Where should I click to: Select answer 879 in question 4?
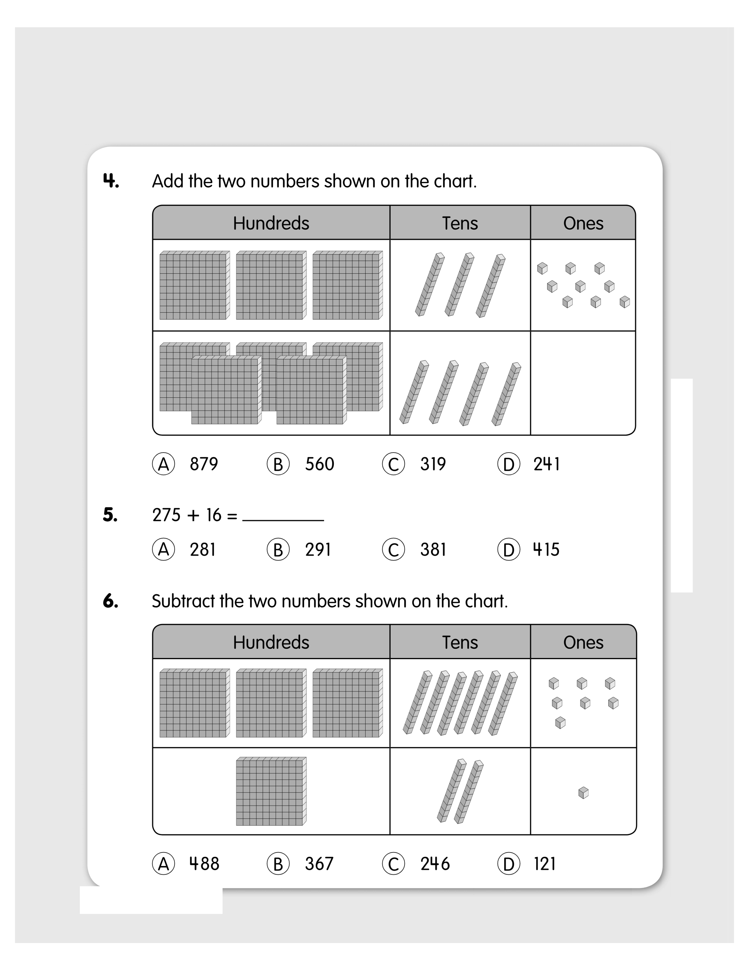[204, 464]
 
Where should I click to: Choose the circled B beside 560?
[278, 464]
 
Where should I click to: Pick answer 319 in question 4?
[433, 464]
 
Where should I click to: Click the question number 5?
[110, 515]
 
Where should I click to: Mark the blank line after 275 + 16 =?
[283, 520]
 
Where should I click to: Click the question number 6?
[110, 601]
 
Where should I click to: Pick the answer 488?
[204, 864]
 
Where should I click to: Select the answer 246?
[435, 864]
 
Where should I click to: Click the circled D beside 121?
[509, 864]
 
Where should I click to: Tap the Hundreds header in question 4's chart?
[271, 223]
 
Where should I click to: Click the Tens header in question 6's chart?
[460, 642]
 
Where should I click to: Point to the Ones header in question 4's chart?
[583, 223]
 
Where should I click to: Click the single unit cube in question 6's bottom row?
[583, 793]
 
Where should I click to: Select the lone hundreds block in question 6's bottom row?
[271, 791]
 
